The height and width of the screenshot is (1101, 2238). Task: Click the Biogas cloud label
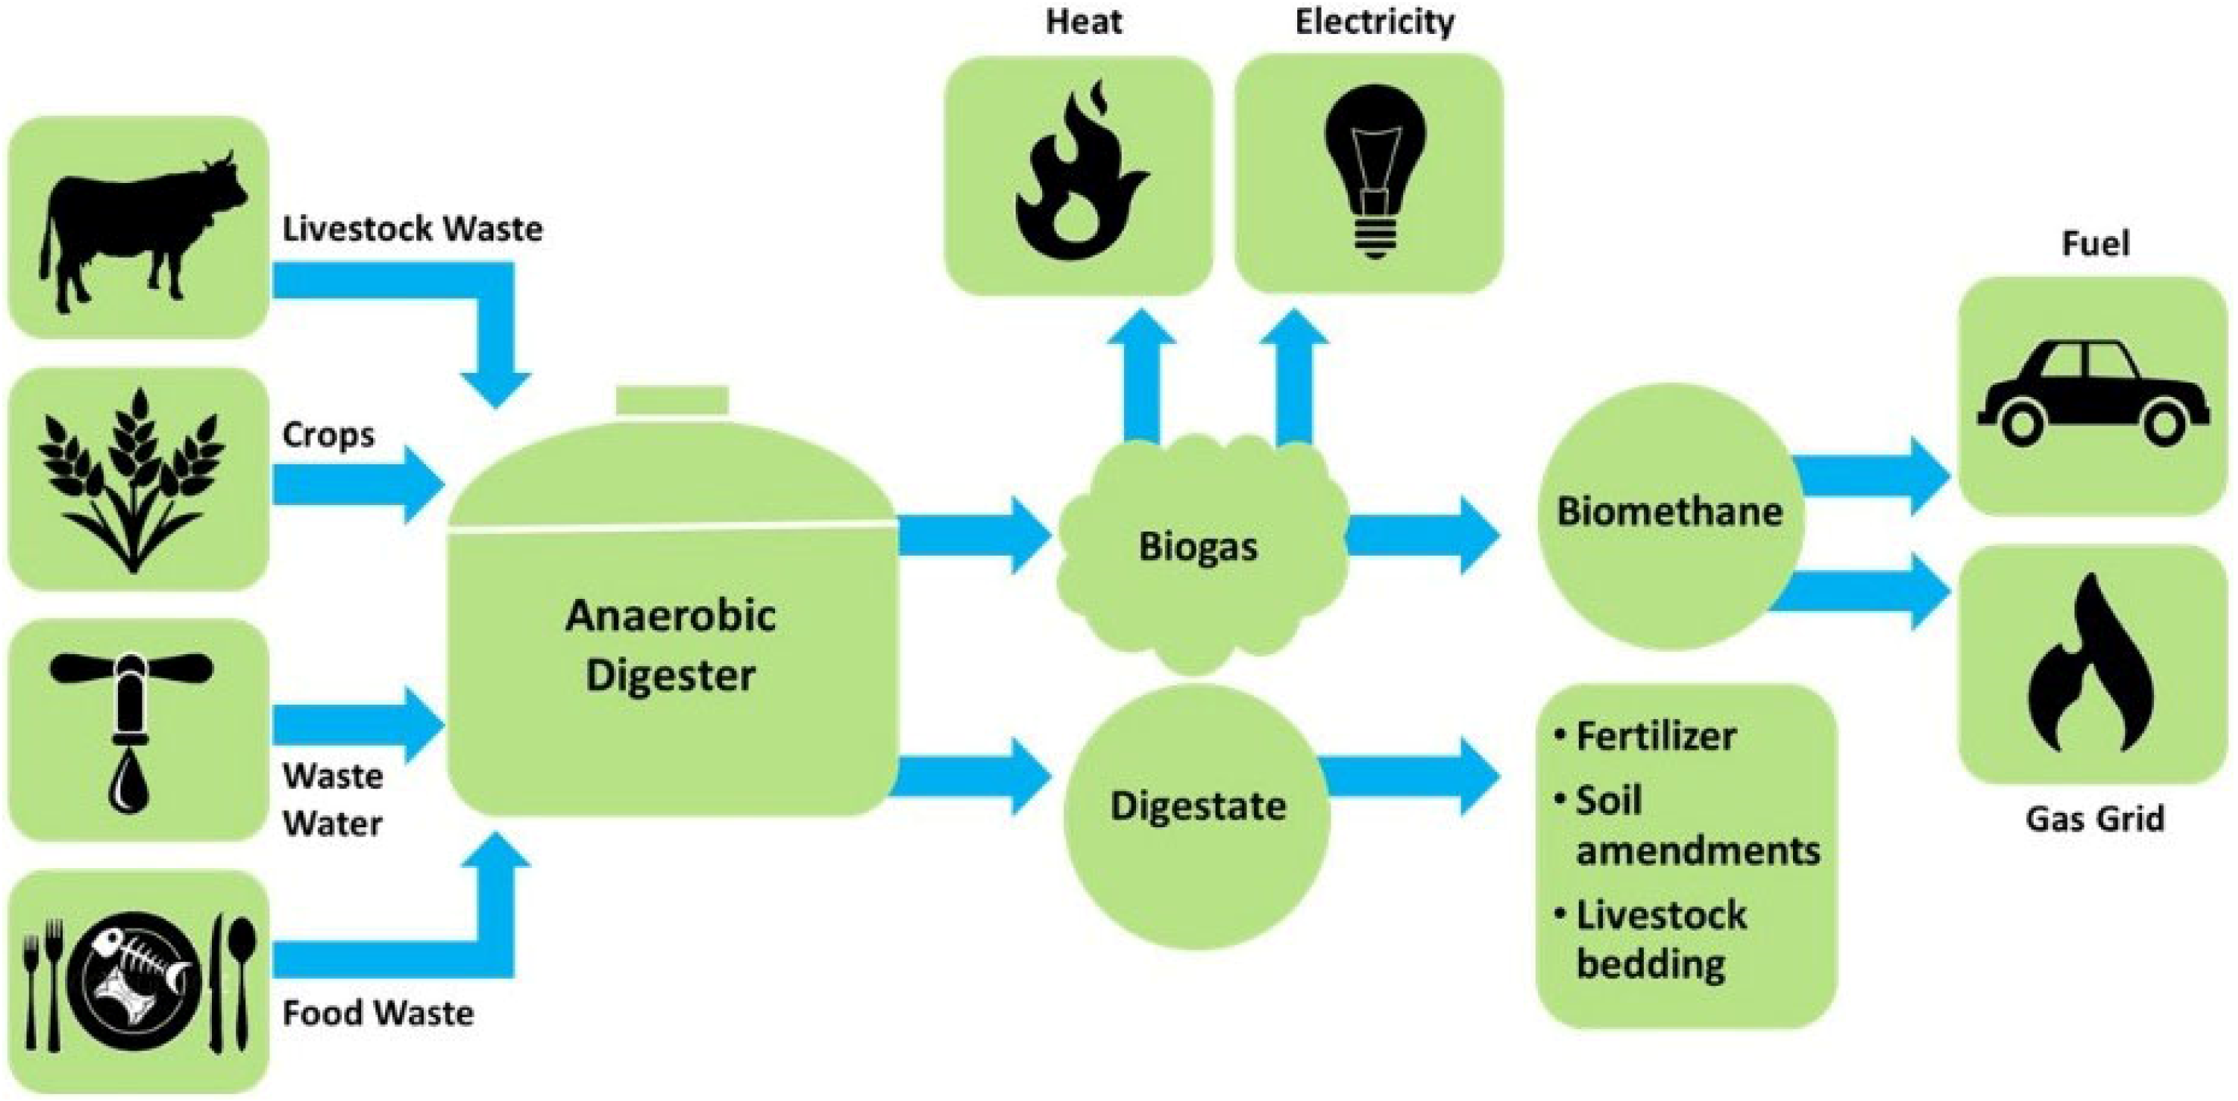tap(1198, 547)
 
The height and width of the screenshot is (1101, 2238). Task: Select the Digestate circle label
tap(1198, 806)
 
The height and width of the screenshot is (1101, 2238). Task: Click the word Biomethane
tap(1669, 511)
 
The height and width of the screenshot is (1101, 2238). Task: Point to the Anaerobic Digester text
tap(671, 644)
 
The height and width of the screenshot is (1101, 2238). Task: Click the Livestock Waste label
tap(412, 229)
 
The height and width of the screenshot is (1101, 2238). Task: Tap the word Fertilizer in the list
tap(1656, 737)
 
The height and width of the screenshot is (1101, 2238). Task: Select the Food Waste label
tap(378, 1013)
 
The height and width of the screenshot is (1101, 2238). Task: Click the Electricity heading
tap(1374, 23)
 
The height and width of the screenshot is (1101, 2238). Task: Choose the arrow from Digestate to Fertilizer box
tap(1408, 777)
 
